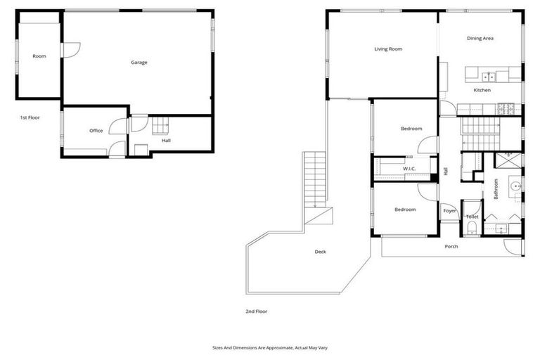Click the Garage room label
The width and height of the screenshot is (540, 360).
[x=139, y=63]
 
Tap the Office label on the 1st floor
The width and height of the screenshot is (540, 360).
[x=96, y=131]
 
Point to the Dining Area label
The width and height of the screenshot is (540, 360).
[x=480, y=39]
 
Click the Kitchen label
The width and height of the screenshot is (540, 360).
[x=482, y=90]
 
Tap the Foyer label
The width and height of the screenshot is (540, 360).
[x=449, y=210]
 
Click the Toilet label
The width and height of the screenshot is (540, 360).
[x=472, y=217]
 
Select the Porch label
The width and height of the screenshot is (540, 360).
[x=451, y=246]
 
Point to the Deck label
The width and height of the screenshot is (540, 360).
[x=320, y=252]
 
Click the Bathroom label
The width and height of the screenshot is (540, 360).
[x=496, y=188]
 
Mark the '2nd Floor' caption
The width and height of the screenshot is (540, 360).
[x=256, y=311]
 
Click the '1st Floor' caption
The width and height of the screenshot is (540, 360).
[x=30, y=117]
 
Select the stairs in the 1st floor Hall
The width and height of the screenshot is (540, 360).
[x=161, y=126]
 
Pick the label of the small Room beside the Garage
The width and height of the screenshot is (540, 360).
[x=39, y=56]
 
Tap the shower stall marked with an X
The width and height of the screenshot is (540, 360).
[x=507, y=160]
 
